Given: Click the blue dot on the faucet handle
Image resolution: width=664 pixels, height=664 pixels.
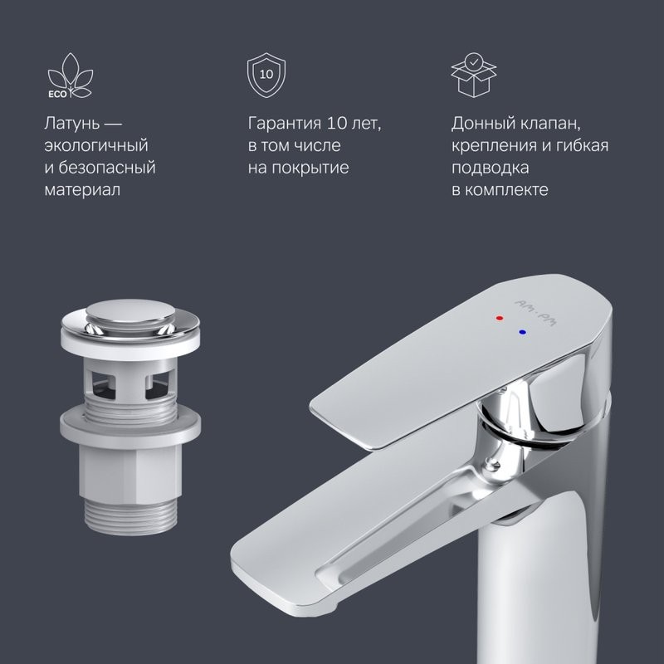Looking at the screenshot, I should (x=522, y=330).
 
